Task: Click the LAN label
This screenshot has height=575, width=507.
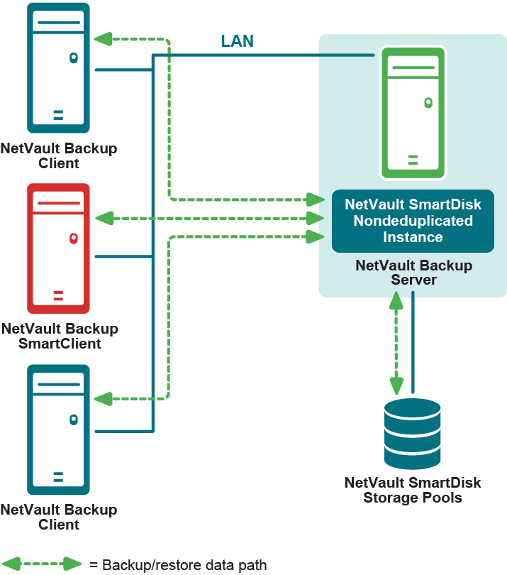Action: coord(237,41)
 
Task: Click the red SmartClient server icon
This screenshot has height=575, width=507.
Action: coord(58,248)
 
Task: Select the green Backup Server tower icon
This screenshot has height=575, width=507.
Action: coord(413,112)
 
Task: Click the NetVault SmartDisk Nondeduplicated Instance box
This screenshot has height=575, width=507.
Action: coord(413,221)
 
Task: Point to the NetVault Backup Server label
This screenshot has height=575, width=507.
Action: coord(413,273)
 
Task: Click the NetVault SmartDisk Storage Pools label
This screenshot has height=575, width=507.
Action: coord(413,490)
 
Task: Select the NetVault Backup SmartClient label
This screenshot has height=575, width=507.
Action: coord(60,336)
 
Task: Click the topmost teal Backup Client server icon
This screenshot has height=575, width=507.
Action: coord(58,67)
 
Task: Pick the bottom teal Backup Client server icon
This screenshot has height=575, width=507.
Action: coord(58,429)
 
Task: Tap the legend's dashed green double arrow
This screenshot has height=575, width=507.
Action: coord(42,564)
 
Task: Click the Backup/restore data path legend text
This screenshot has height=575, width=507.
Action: coord(178,565)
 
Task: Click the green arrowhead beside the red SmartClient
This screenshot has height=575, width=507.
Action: coord(104,217)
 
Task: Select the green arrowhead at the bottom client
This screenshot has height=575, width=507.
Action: coord(104,400)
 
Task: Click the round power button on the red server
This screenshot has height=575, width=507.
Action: coord(73,239)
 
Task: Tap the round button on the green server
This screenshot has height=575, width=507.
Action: coord(428,102)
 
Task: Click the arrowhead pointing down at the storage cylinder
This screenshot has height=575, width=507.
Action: coord(396,385)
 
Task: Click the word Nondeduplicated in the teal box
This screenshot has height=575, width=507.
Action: coord(413,221)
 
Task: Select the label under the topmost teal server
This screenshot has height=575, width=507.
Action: coord(59,156)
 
